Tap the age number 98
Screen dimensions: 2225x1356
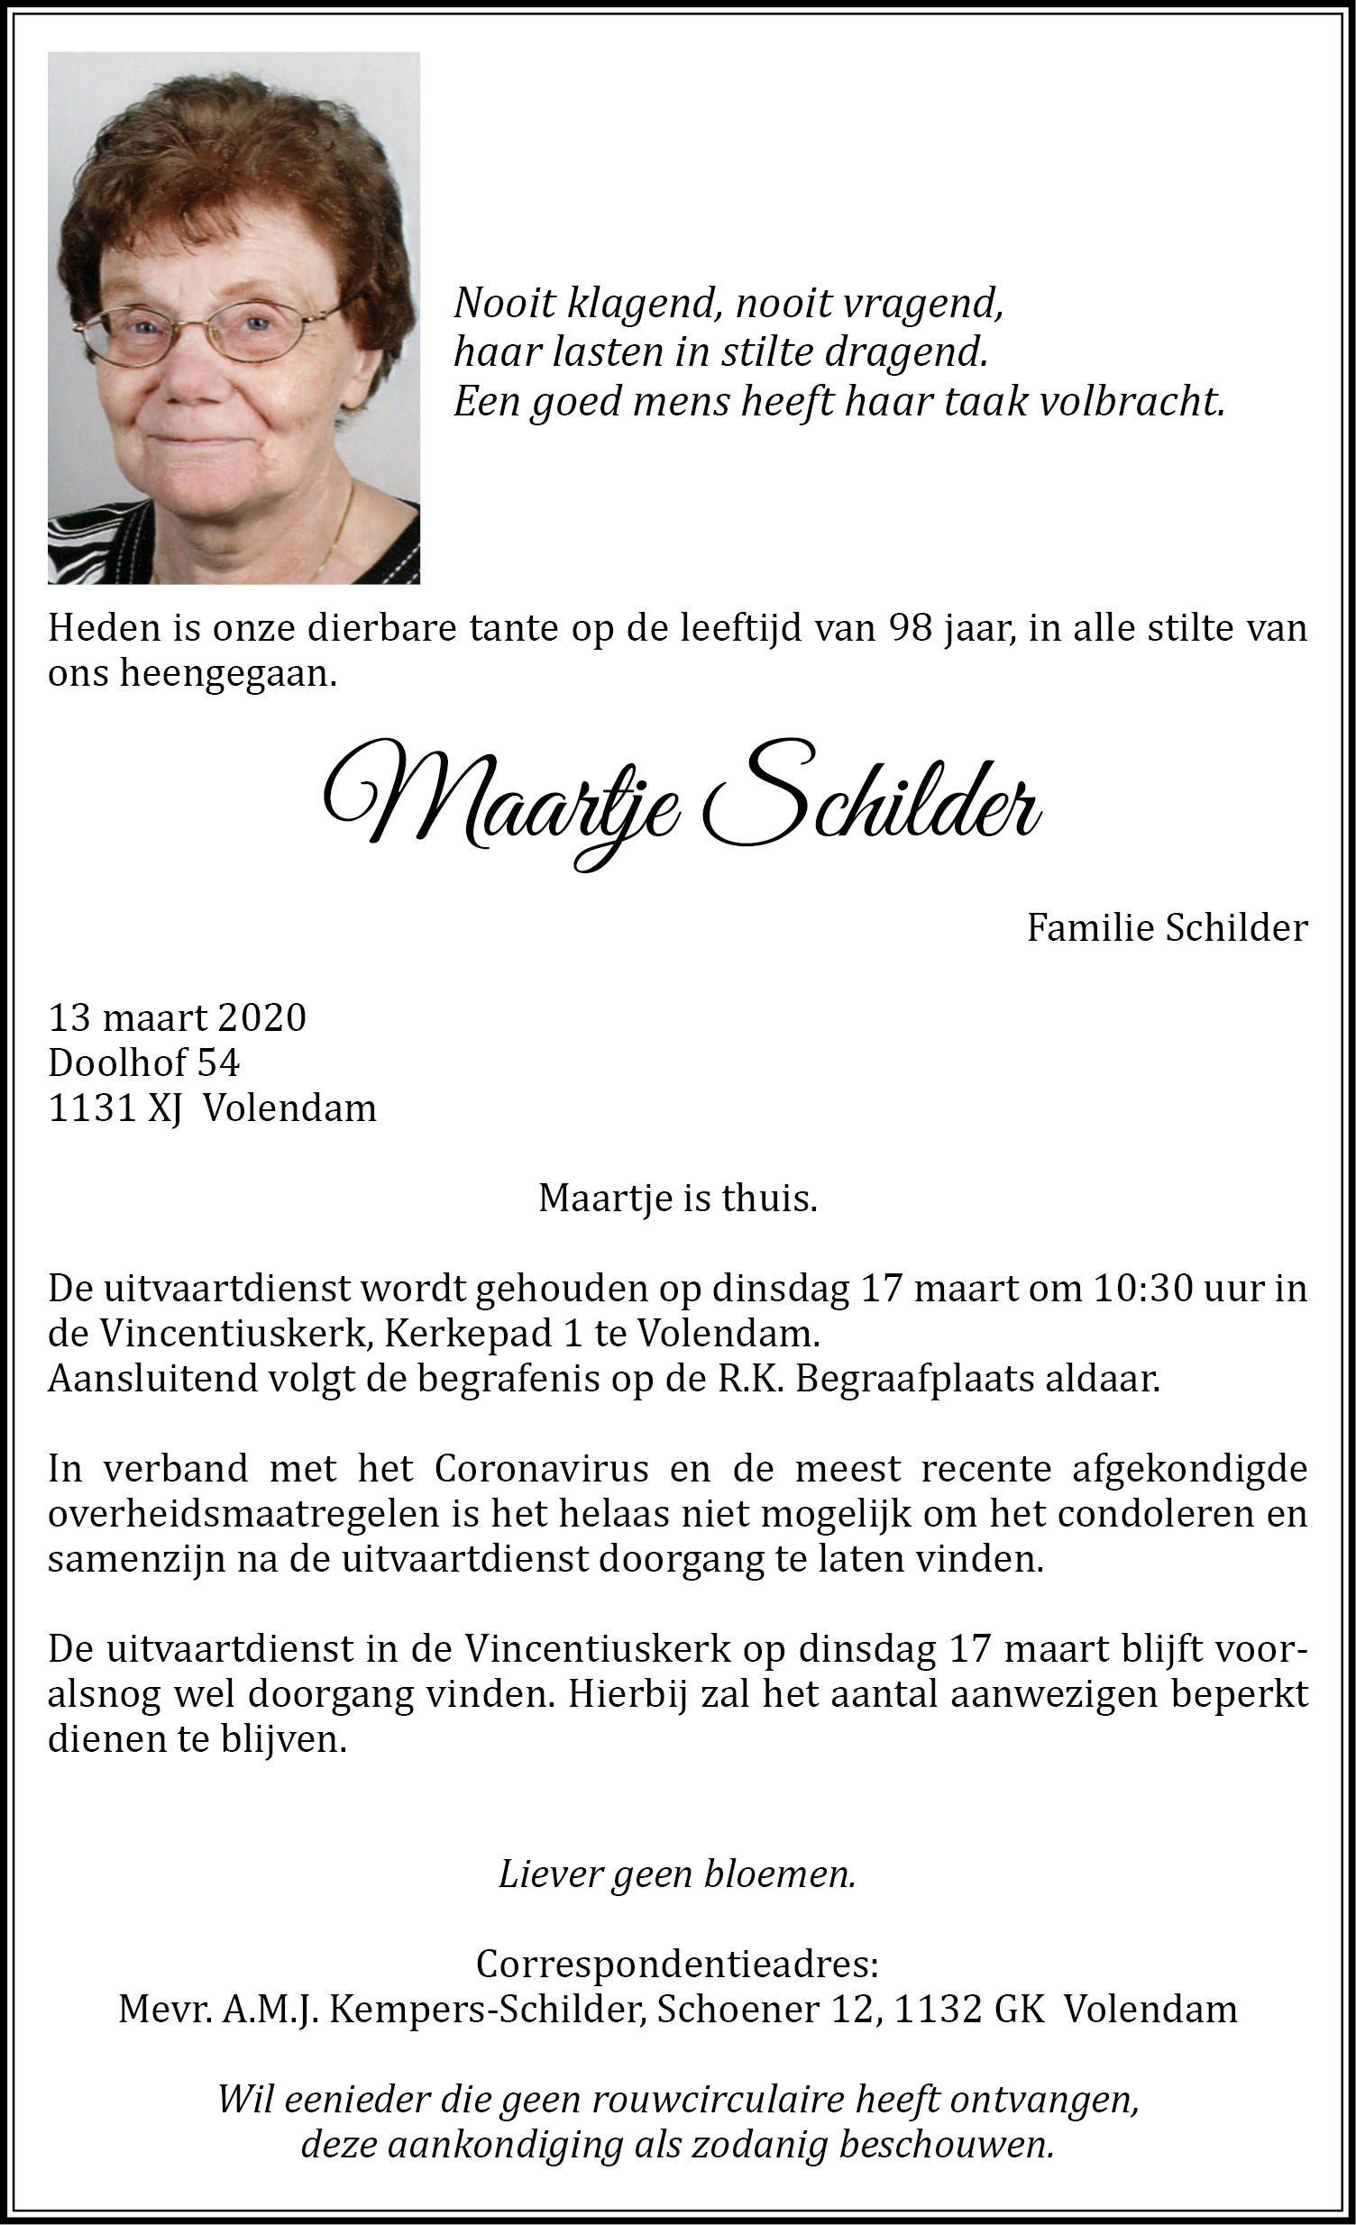(909, 628)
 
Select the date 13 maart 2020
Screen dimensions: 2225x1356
(177, 1017)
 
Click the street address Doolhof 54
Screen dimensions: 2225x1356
(143, 1062)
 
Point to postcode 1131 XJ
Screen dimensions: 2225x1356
(115, 1108)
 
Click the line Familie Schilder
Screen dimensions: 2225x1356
(1168, 927)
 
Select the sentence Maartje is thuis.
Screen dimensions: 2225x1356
(677, 1199)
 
